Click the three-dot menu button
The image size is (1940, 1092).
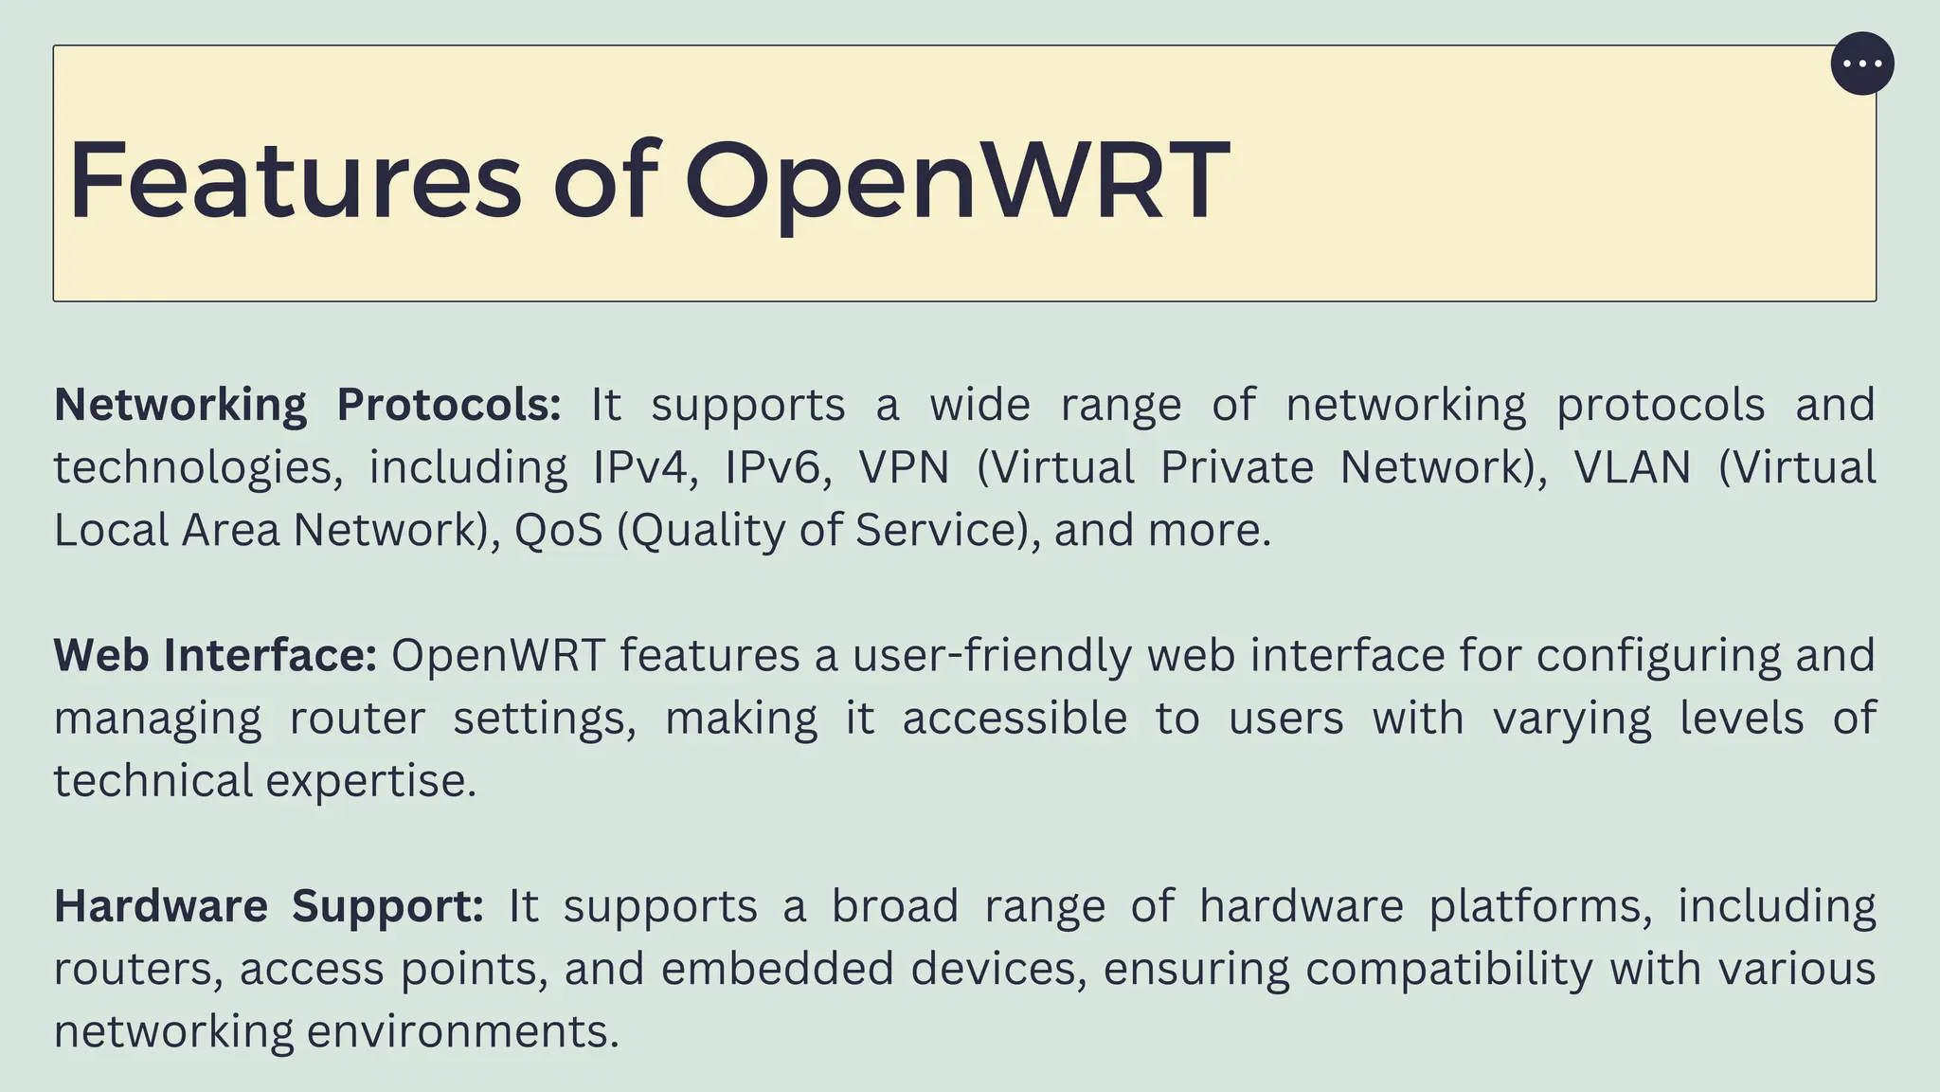pos(1862,64)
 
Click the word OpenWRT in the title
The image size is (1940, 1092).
pos(957,179)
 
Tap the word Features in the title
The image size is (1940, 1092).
pos(295,179)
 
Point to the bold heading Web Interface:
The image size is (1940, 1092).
pos(215,655)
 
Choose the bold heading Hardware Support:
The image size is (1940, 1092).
pos(269,905)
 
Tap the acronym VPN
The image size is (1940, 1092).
pos(904,467)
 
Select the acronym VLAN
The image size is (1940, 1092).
pos(1632,467)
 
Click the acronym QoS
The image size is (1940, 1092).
pos(559,530)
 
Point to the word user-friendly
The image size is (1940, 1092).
pos(992,655)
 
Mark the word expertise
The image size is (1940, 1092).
pos(370,781)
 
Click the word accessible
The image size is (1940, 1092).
pos(1015,718)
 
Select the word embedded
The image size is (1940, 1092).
pos(777,969)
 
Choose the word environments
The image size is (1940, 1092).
pos(463,1031)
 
